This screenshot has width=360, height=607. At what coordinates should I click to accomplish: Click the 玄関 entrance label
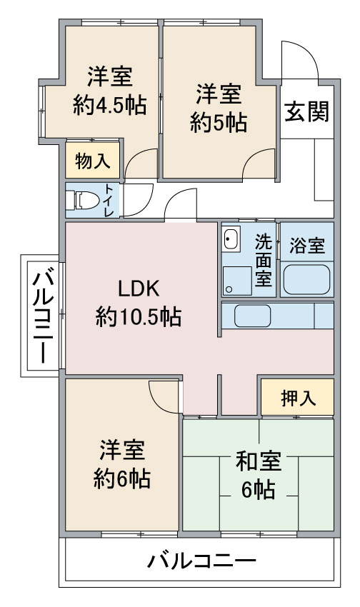point(307,111)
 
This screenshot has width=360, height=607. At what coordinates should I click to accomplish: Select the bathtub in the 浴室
point(306,279)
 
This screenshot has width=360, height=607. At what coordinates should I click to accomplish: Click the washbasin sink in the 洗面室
point(231,239)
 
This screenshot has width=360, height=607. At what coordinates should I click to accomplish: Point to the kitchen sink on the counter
point(252,316)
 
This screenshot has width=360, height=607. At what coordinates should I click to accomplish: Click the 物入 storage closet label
point(93,160)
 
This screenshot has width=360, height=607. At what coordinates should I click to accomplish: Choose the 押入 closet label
point(298,398)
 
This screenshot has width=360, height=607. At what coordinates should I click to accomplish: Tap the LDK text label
point(138,289)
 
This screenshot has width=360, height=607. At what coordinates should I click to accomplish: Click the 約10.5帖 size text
point(138,316)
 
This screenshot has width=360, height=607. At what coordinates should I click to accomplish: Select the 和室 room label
point(258,461)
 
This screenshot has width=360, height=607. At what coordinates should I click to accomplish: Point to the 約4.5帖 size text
point(109,104)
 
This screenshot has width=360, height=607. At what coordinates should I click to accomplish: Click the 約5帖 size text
point(219,123)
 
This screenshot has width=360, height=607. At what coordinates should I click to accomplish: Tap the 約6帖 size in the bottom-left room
point(122,479)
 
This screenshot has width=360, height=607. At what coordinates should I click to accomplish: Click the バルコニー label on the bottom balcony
point(201,561)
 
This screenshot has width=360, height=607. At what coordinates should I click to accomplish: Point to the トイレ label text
point(109,200)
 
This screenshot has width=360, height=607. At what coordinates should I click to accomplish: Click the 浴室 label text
point(307,245)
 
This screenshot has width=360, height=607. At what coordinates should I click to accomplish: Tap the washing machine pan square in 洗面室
point(237,280)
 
